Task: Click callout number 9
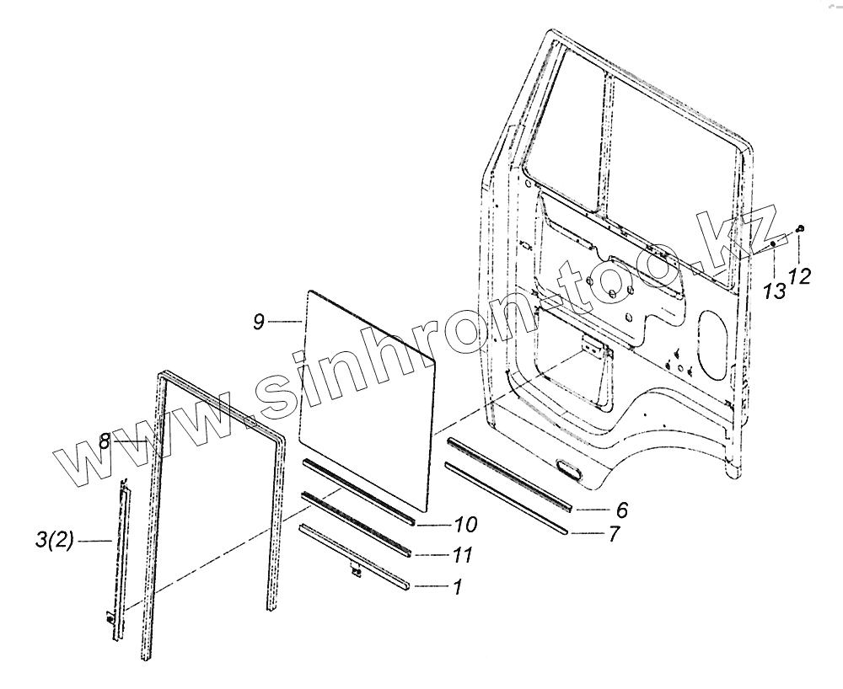pos(260,321)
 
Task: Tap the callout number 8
pos(105,441)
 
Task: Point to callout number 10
pos(464,525)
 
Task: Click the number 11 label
pos(463,555)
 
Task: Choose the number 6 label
pos(621,510)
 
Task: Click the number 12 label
pos(800,275)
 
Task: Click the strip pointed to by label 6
pos(510,474)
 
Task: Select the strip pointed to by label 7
pos(506,496)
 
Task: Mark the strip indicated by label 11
pos(358,521)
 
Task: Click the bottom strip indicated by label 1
pos(354,553)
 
